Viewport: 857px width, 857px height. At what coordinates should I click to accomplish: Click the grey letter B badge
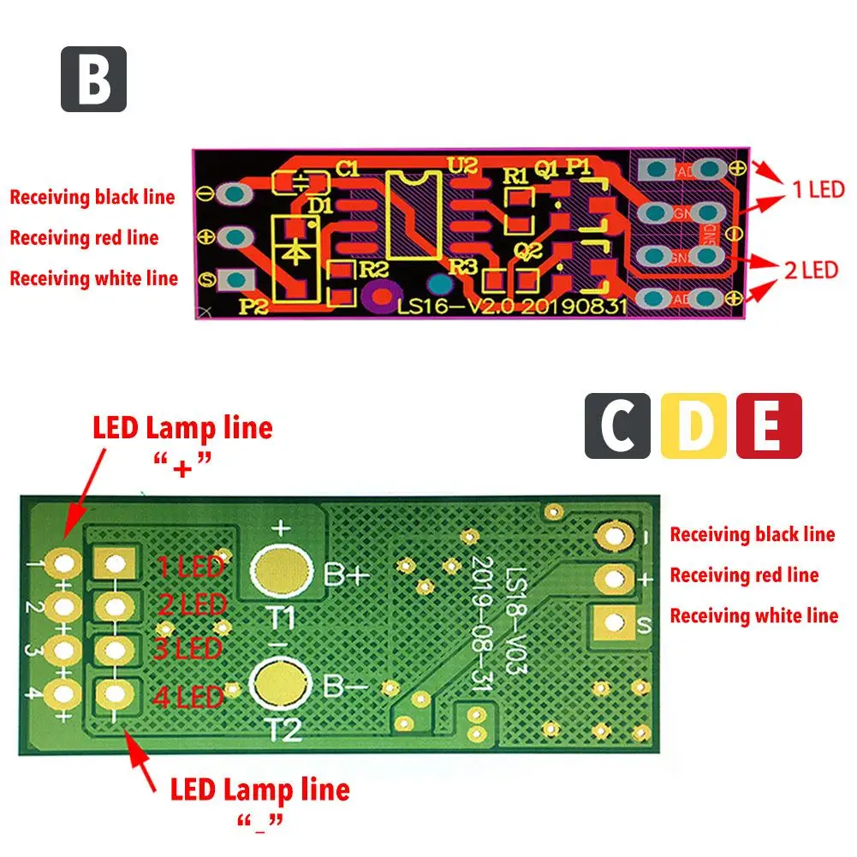pos(93,79)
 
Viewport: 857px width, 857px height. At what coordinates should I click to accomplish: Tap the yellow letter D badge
pos(693,426)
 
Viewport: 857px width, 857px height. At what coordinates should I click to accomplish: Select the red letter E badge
pos(769,426)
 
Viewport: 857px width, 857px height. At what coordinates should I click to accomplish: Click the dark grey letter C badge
pos(617,426)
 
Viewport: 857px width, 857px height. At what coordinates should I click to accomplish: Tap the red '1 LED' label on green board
pos(190,565)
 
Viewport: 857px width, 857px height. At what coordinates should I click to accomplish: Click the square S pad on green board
pos(615,622)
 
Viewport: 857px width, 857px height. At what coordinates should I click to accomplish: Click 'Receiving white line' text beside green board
pos(753,616)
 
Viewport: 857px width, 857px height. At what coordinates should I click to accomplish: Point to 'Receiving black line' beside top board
pos(92,197)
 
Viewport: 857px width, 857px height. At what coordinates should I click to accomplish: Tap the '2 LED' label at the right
pos(810,271)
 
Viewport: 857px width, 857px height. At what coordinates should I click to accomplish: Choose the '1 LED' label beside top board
pos(818,189)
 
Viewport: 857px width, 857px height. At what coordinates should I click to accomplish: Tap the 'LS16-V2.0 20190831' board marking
pos(513,306)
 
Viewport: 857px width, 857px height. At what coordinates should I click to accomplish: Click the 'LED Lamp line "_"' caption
pos(259,801)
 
